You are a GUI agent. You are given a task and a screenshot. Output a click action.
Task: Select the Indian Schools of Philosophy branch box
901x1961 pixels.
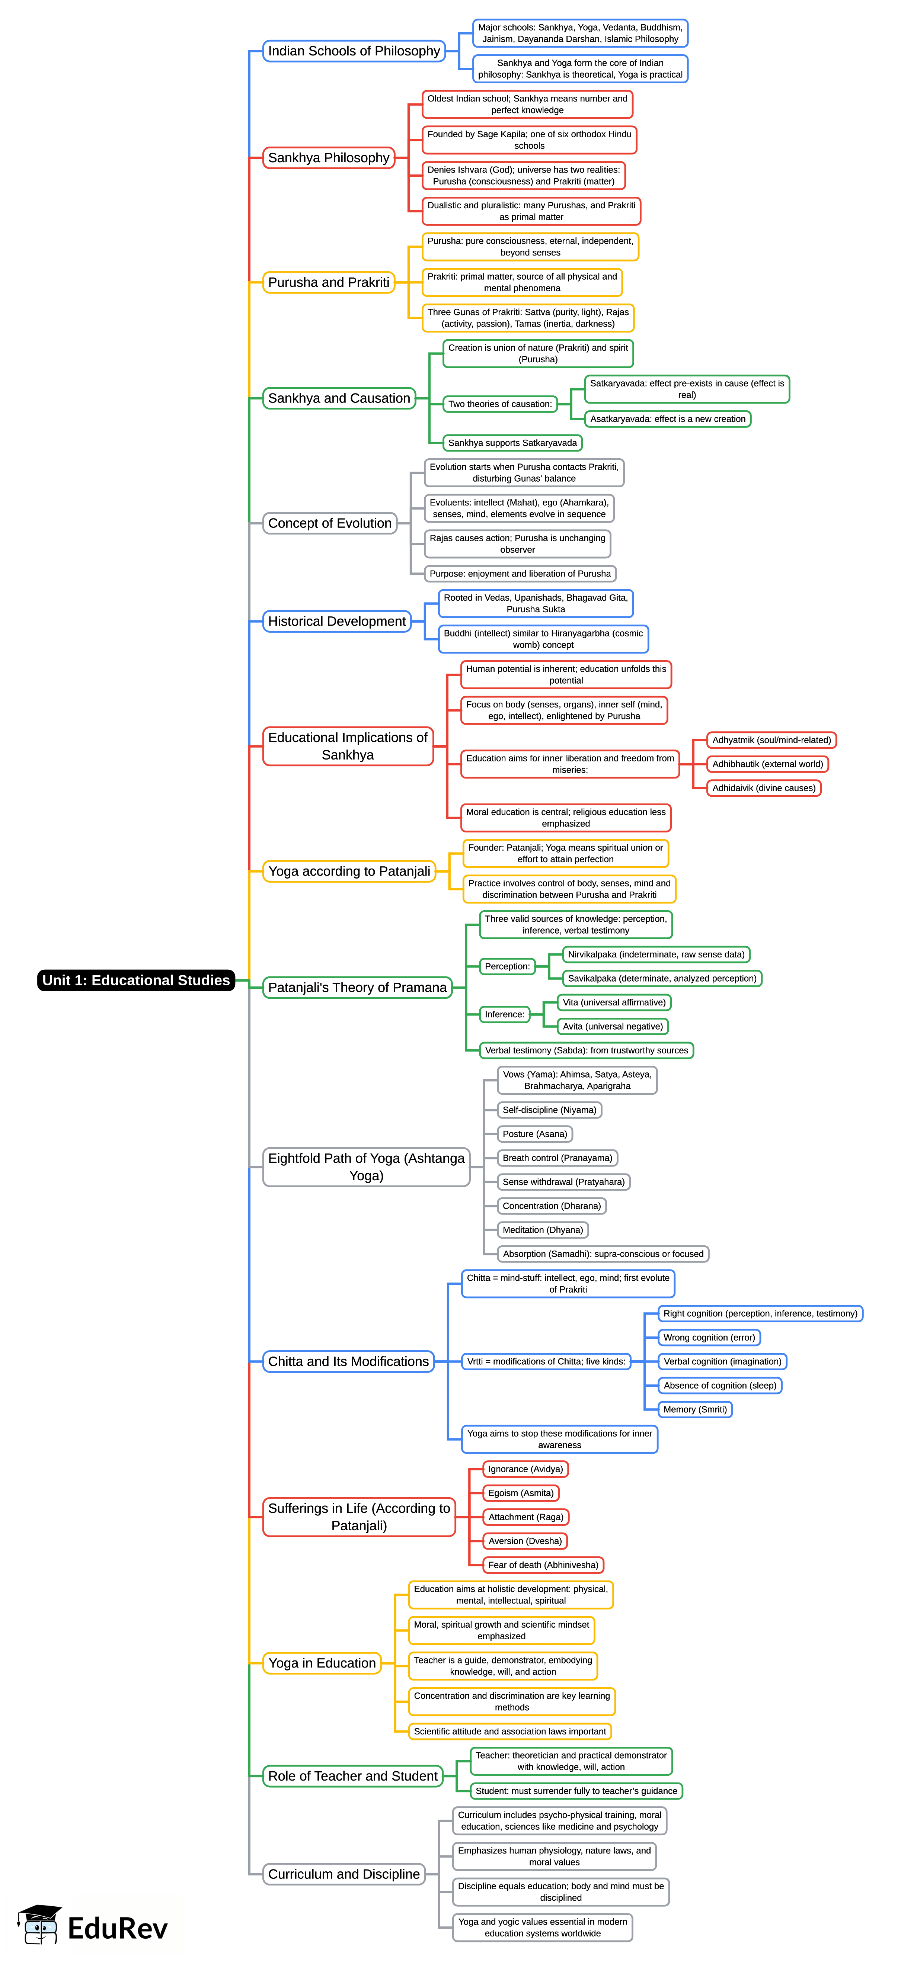354,51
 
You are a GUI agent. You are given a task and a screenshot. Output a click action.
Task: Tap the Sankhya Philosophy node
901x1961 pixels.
328,158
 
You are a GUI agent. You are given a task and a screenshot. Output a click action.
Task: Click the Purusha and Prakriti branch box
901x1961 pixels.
328,282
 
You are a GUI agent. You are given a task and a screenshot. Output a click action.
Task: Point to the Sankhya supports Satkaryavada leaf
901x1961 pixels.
512,443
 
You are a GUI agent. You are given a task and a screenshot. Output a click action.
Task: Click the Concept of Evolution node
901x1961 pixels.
330,523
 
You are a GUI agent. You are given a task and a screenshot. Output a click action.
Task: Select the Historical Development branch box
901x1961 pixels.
337,621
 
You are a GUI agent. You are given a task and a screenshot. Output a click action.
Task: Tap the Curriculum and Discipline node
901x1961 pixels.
344,1874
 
